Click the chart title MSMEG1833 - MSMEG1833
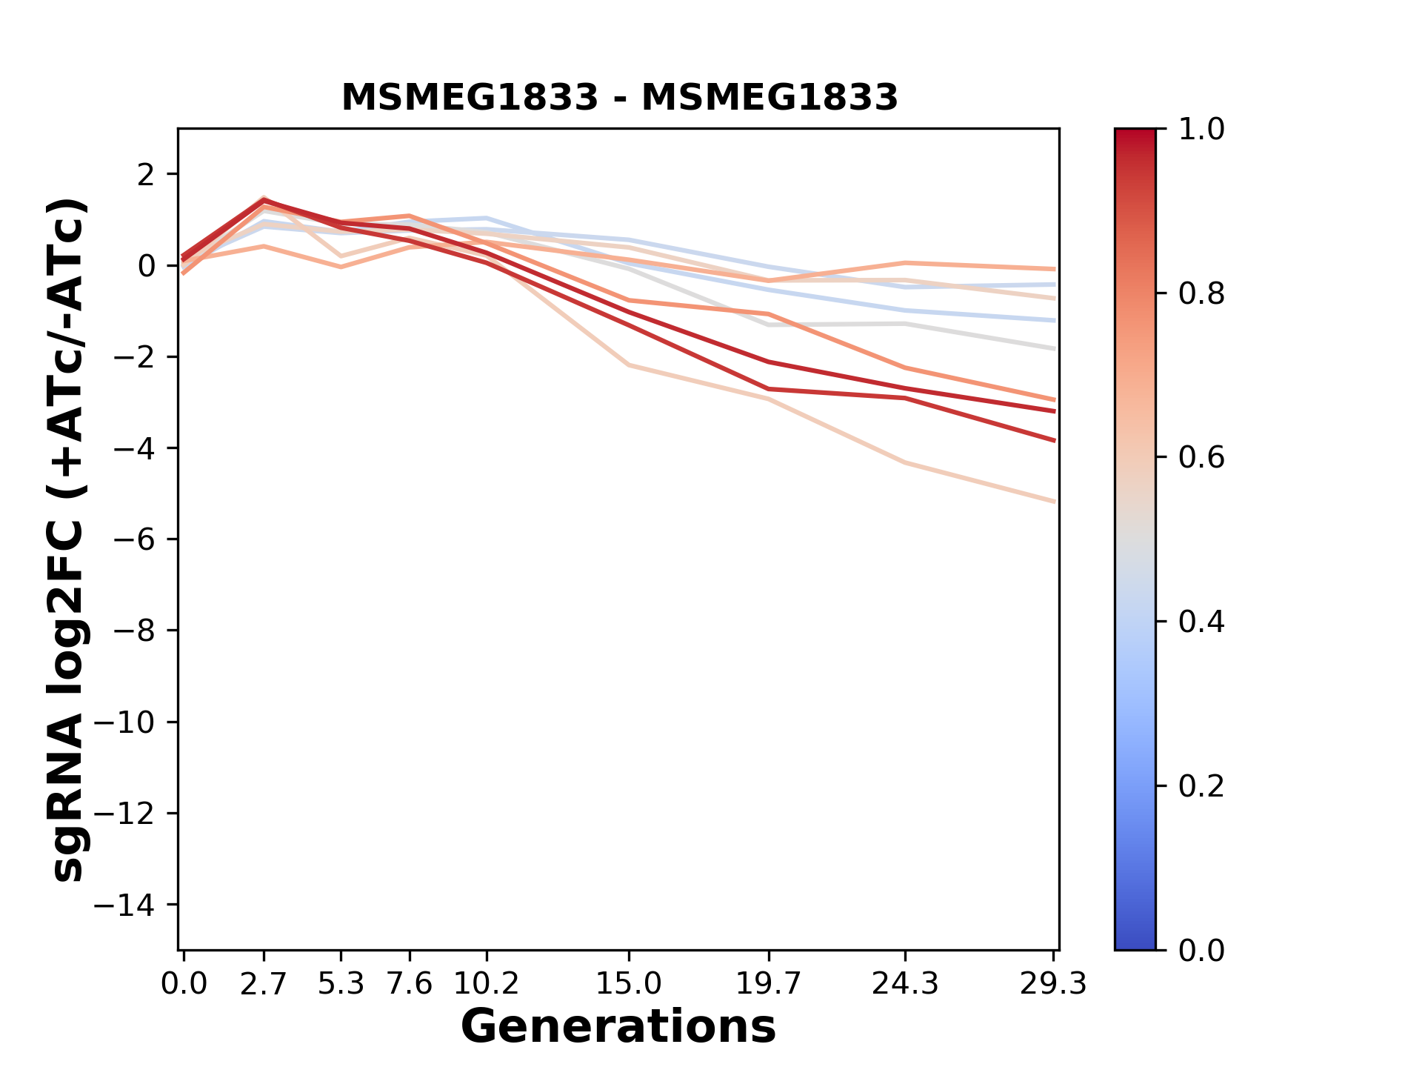pos(619,98)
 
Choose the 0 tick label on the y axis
pos(147,266)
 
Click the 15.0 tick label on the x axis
pos(628,984)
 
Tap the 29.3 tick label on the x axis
pos(1053,984)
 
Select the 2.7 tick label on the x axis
pos(264,984)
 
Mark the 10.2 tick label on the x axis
pos(486,984)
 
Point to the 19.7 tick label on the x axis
pos(769,984)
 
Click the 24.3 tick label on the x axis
pos(905,984)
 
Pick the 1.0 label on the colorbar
pos(1201,130)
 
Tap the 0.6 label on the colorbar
pos(1201,458)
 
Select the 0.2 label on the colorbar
pos(1201,786)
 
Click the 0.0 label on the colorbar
pos(1201,950)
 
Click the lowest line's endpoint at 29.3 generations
pos(1054,502)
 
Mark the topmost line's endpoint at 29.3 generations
pos(1054,269)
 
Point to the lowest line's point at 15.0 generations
pos(628,365)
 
